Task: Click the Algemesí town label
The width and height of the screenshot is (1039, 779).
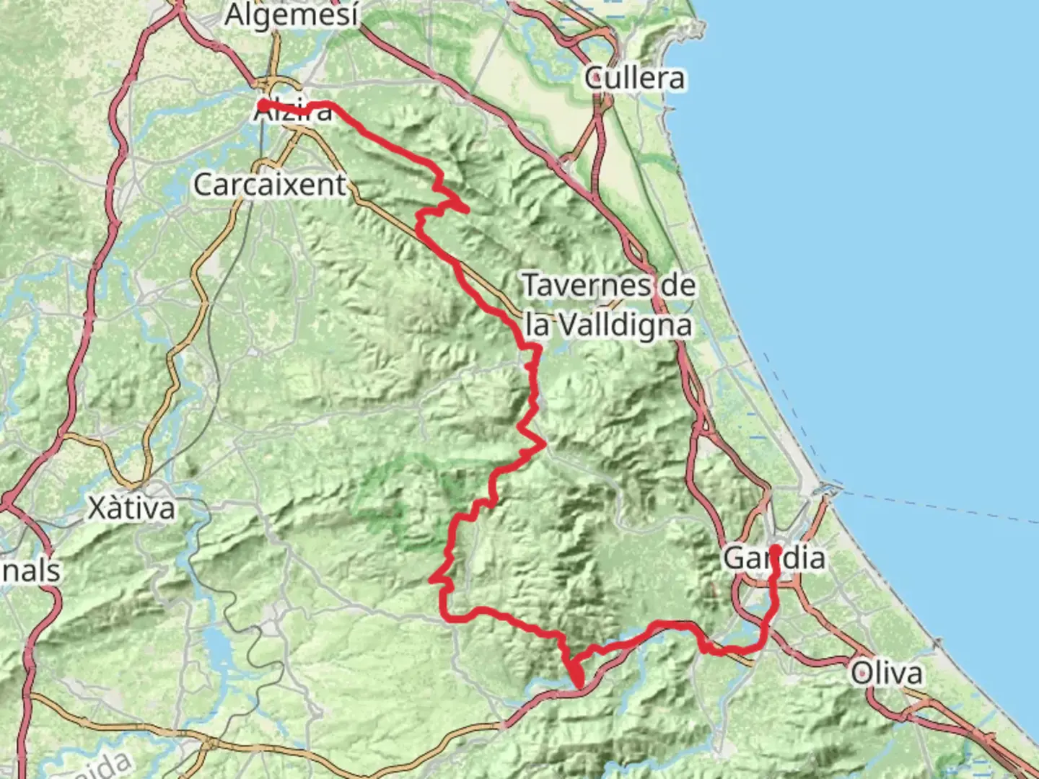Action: (x=291, y=15)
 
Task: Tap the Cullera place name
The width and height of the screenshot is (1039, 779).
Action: (x=634, y=78)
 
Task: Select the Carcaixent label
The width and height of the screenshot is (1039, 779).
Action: (x=270, y=185)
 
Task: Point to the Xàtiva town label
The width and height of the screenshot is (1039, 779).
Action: (x=131, y=509)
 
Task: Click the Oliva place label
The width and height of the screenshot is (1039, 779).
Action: (x=887, y=673)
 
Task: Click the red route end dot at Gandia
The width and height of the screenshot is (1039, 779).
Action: (x=776, y=550)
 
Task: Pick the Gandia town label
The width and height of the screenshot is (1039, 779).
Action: (x=773, y=558)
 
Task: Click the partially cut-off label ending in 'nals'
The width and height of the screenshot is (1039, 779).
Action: (x=30, y=571)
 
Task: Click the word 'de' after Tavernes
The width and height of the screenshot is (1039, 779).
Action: (x=678, y=286)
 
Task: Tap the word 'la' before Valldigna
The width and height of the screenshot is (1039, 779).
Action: (x=538, y=325)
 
